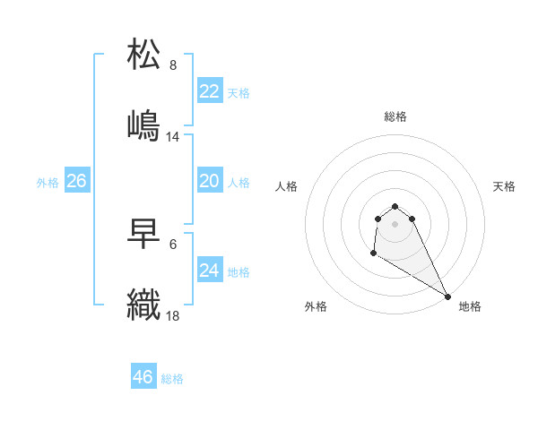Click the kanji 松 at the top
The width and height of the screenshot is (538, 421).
[x=145, y=55]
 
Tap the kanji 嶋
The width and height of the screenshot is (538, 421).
[x=145, y=125]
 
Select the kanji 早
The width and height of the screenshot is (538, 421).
[x=145, y=235]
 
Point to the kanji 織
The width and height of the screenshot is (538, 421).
[x=145, y=305]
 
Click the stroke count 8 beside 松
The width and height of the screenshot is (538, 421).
[x=173, y=65]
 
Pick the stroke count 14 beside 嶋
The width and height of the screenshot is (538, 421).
[x=173, y=137]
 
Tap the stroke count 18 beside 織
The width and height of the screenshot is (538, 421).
[x=173, y=315]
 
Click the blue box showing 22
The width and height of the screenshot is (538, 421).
[x=209, y=91]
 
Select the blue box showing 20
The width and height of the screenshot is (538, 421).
[x=209, y=181]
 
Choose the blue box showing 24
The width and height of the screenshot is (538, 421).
[x=209, y=270]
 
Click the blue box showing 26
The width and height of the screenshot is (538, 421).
[x=76, y=181]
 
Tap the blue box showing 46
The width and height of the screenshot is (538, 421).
[x=143, y=377]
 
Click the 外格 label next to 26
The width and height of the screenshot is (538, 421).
[x=48, y=183]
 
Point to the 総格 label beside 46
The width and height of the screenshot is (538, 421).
[x=172, y=379]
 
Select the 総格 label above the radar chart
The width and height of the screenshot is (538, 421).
[x=395, y=116]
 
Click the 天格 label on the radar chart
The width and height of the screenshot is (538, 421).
[x=505, y=186]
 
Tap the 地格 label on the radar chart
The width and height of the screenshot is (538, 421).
[x=470, y=306]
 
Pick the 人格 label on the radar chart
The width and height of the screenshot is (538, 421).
[x=287, y=186]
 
